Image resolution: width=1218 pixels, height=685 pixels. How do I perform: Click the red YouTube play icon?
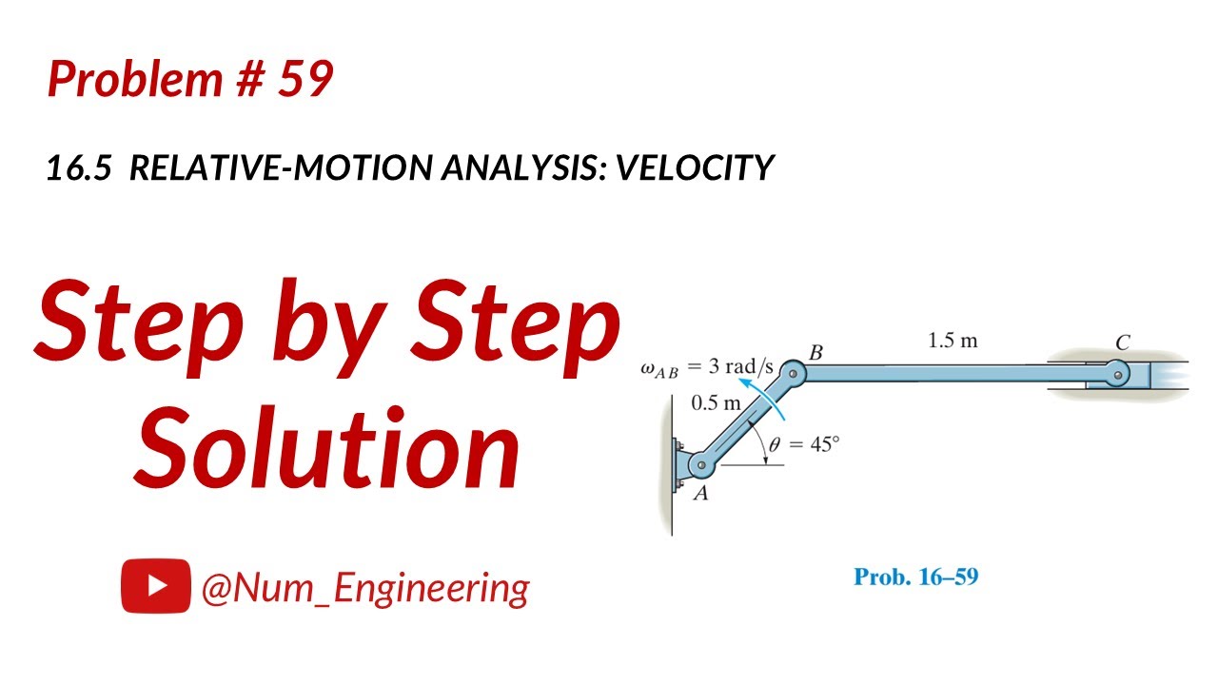point(155,587)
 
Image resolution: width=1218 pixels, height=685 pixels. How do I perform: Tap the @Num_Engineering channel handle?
point(364,588)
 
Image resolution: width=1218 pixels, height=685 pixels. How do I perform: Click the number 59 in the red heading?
point(305,79)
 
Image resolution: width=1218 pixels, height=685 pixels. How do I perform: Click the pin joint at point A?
point(701,465)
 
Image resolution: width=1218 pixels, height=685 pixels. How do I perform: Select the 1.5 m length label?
point(953,341)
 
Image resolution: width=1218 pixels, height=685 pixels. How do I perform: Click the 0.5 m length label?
point(716,402)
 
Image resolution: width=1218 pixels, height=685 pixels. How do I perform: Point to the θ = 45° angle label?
point(805,443)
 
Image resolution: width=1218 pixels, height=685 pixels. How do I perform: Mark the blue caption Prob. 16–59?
point(915,577)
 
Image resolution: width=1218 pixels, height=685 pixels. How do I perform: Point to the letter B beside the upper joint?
point(815,353)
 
